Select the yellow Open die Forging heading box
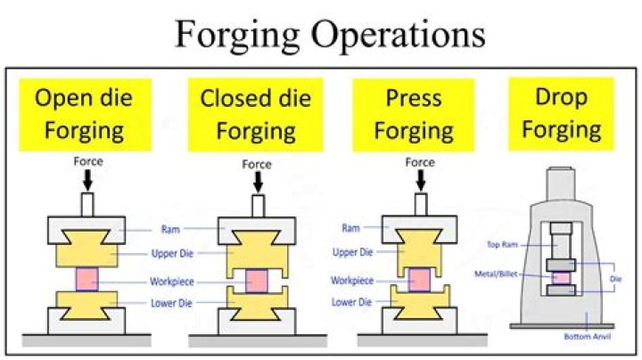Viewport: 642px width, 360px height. point(78,113)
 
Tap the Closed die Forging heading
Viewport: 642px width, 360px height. point(247,113)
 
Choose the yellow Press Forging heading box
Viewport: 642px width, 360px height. point(407,113)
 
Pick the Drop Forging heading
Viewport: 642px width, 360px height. point(561,113)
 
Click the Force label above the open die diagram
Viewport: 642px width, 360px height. point(90,162)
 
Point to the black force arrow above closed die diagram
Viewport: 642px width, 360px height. point(258,182)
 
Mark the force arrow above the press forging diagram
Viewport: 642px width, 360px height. point(419,182)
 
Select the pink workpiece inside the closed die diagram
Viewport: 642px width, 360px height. point(257,280)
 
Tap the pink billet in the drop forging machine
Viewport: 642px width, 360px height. point(561,277)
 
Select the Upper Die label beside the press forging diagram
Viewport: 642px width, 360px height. point(351,252)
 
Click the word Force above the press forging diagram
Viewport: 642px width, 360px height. point(419,162)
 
